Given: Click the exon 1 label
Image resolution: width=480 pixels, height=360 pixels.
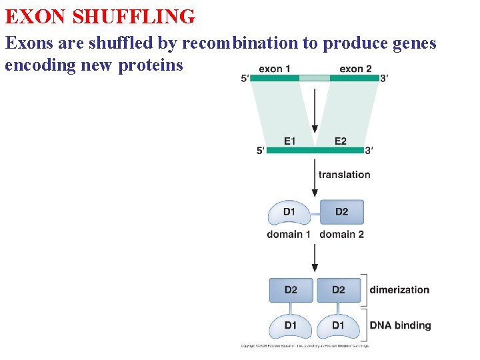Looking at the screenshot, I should [274, 69].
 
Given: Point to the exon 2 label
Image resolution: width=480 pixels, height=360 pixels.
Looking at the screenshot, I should [355, 69].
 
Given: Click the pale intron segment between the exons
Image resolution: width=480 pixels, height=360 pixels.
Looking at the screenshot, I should [314, 78].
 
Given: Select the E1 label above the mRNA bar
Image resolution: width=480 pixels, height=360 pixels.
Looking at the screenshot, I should [289, 141].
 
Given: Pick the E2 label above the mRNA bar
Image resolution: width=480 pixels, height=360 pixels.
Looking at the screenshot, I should [340, 141].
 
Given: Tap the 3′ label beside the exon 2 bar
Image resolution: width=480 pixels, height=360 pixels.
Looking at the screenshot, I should [384, 79].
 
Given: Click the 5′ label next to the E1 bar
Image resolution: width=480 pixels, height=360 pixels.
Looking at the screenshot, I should [261, 151].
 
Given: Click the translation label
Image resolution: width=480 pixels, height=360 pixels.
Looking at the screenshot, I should [344, 175].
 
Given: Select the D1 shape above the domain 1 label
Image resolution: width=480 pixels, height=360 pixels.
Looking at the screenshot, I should [289, 213].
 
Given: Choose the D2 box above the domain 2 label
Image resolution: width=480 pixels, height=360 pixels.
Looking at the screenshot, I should [341, 212].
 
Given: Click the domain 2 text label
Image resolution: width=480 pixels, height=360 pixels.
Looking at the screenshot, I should [341, 234].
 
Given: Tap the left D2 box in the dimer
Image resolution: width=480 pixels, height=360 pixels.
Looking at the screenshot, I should [291, 290].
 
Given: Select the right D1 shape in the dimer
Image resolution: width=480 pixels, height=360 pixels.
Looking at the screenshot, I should [339, 326].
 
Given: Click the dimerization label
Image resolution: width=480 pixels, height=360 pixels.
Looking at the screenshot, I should [399, 290].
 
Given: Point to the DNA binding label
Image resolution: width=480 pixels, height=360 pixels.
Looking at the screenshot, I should [400, 325].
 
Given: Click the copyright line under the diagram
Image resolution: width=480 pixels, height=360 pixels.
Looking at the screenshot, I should [305, 346].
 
